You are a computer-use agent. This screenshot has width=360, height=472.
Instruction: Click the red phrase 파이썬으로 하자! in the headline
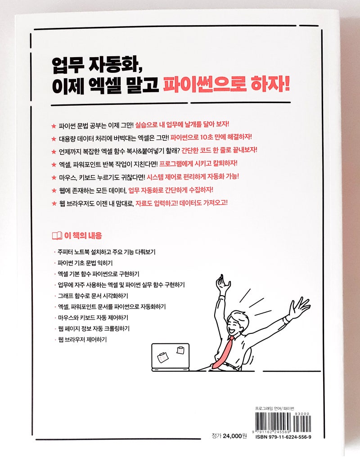pos(226,85)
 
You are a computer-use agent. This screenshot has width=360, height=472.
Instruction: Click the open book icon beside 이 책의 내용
pos(57,235)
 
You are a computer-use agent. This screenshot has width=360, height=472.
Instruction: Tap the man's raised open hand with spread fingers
pos(299,308)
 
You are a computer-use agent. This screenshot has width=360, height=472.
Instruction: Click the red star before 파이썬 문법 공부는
pos(54,125)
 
